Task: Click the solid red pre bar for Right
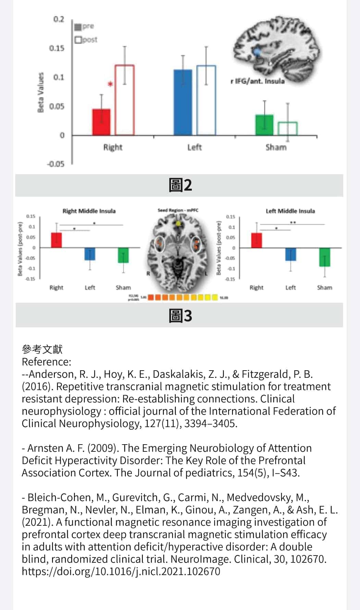pos(101,122)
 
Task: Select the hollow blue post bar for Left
pos(206,100)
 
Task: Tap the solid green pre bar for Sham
pos(264,125)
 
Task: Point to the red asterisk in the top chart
pos(110,84)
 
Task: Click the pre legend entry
pos(85,26)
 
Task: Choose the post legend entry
pos(86,40)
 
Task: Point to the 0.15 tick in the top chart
pos(57,48)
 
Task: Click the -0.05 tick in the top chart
pos(56,164)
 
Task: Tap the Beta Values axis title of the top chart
pos(41,92)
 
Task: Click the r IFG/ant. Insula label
pos(258,81)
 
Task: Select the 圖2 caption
pos(180,185)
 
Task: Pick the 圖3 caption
pos(180,315)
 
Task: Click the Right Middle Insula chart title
pos(89,211)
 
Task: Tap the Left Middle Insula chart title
pos(290,211)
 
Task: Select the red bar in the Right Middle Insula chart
pos(57,240)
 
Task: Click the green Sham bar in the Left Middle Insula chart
pos(324,257)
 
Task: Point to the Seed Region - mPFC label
pos(178,210)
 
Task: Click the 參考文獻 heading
pos(42,349)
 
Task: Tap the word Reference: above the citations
pos(47,362)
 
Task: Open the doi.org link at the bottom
pos(121,571)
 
